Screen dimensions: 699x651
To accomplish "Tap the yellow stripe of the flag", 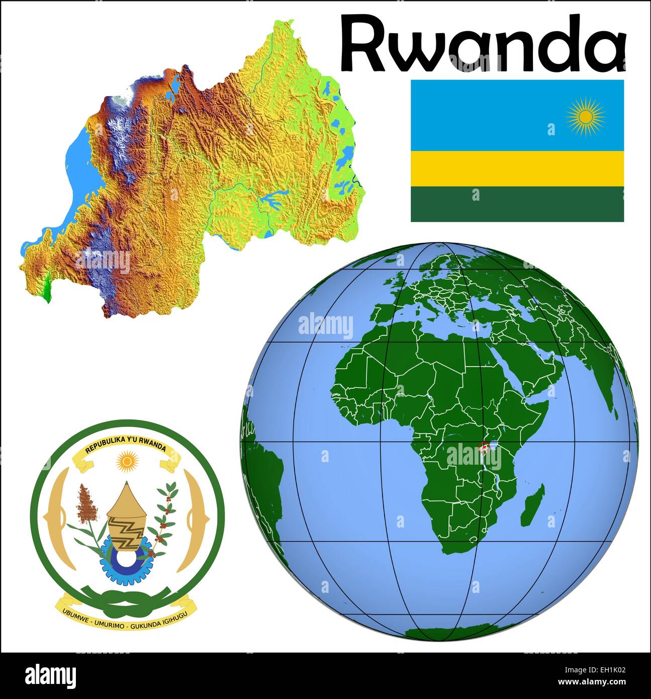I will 517,168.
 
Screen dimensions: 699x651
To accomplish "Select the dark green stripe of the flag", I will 517,204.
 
